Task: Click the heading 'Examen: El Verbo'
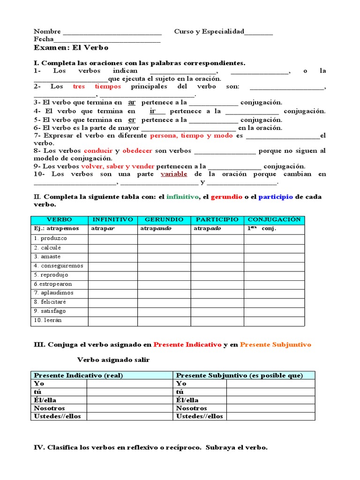tap(71, 48)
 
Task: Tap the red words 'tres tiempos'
tap(97, 87)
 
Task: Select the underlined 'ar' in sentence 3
tap(132, 102)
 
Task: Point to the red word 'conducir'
tap(98, 151)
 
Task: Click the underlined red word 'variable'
tap(173, 174)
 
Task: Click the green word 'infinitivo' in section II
tap(182, 197)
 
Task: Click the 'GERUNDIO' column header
tap(164, 220)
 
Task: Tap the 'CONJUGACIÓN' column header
tap(274, 220)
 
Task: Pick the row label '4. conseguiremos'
tap(58, 266)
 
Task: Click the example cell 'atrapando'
tap(156, 229)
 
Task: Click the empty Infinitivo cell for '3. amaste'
tap(112, 257)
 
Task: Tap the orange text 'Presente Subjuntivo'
tap(275, 345)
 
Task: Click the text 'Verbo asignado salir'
tap(113, 360)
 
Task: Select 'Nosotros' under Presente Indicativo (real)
tap(48, 408)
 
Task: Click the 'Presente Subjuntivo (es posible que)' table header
tap(240, 375)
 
